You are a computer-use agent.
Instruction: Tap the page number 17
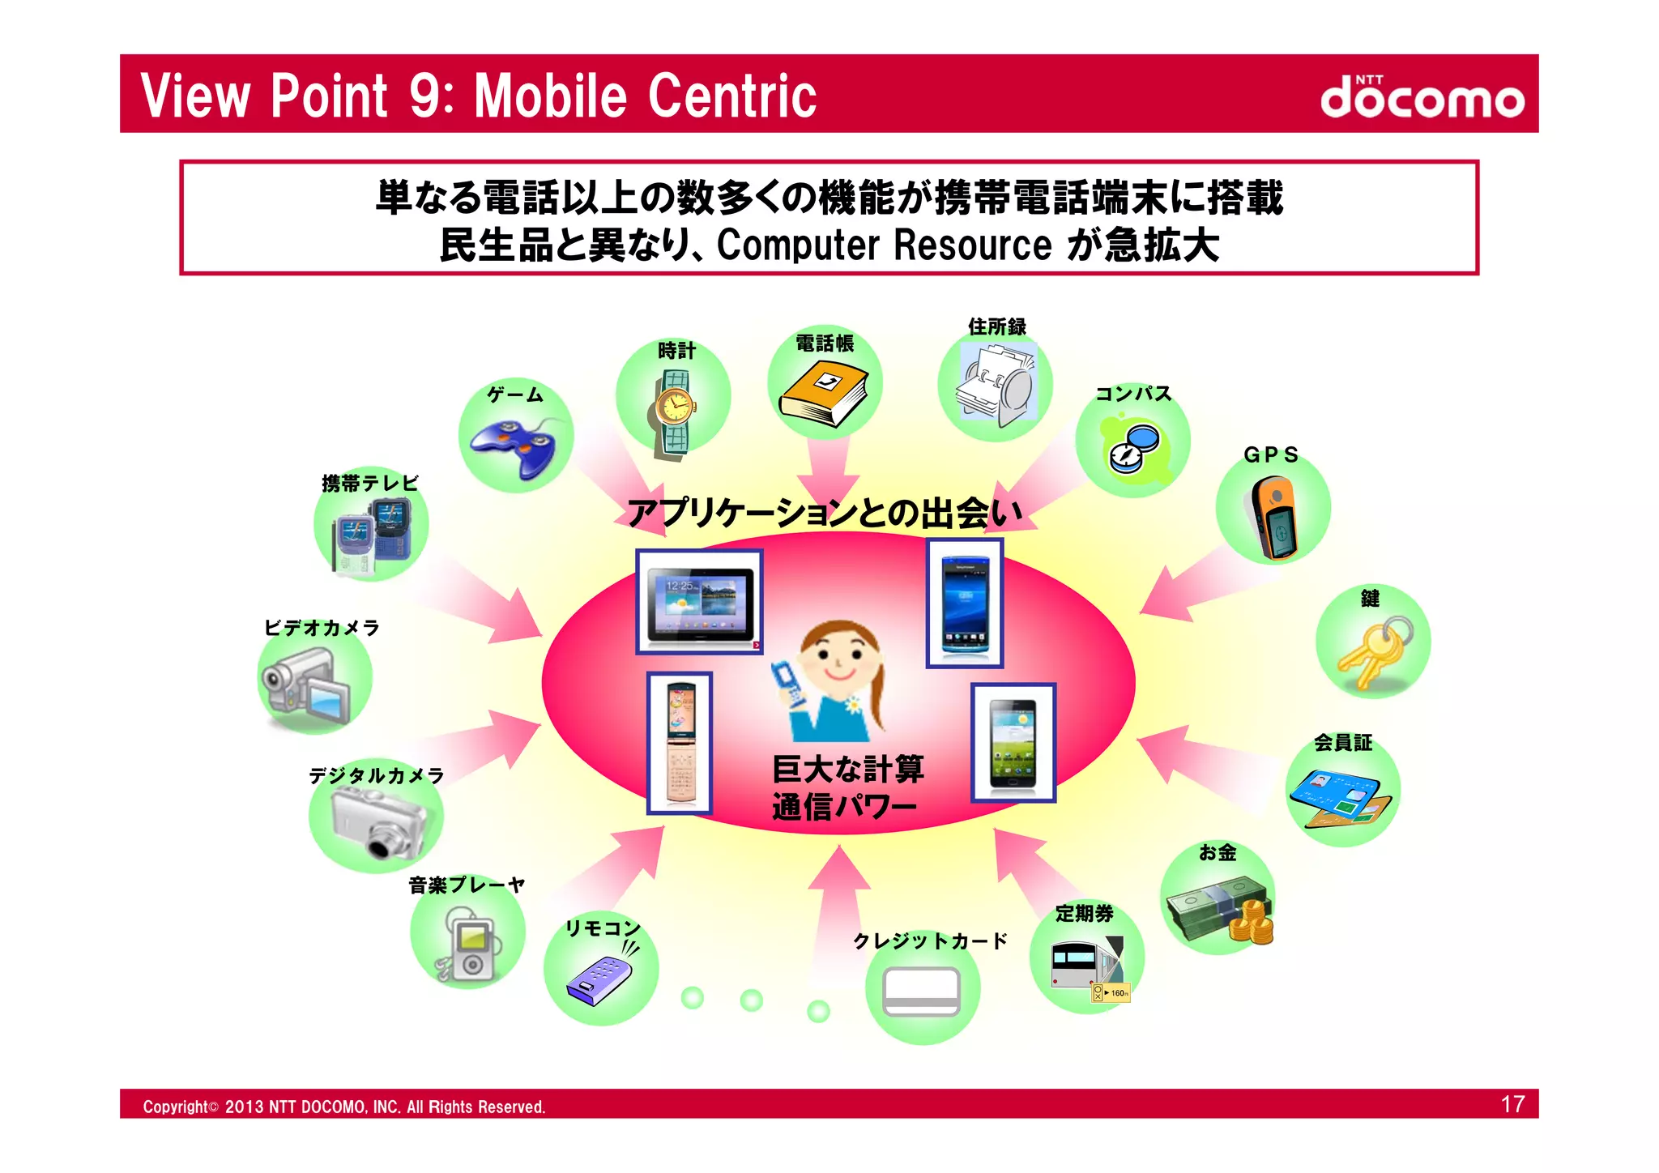click(1512, 1104)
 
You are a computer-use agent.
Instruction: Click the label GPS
click(1271, 455)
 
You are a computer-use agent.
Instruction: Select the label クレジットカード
click(930, 941)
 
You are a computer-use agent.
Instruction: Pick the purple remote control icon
click(600, 980)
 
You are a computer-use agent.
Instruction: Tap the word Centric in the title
click(731, 96)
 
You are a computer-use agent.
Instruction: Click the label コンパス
click(1132, 394)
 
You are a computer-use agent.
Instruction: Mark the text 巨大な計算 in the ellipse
click(847, 768)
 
